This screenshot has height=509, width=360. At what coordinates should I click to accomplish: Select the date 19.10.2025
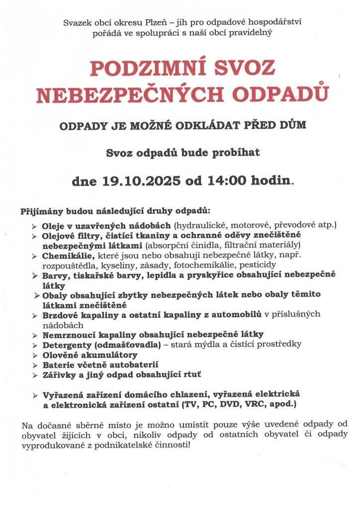(141, 180)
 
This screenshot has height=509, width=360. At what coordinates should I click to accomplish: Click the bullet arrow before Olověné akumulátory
(34, 356)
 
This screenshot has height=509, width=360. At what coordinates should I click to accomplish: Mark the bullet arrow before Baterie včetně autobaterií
(34, 365)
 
